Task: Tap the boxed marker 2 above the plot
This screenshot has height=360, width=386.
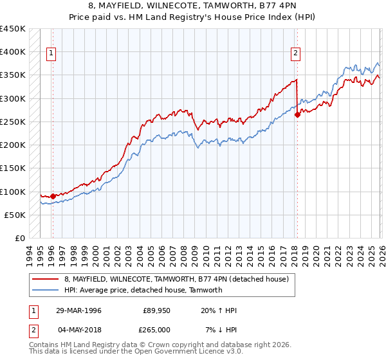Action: pyautogui.click(x=296, y=54)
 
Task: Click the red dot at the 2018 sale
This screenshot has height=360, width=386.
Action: pyautogui.click(x=297, y=115)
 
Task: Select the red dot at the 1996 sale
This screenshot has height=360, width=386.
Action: pyautogui.click(x=53, y=196)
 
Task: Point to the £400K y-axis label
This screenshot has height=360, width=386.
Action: pyautogui.click(x=13, y=52)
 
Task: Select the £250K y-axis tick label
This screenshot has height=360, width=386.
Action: pyautogui.click(x=13, y=122)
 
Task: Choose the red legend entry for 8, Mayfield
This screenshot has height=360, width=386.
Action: pyautogui.click(x=179, y=279)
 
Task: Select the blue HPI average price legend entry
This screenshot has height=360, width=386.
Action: pyautogui.click(x=143, y=290)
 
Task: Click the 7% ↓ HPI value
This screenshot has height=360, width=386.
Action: pyautogui.click(x=221, y=329)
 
